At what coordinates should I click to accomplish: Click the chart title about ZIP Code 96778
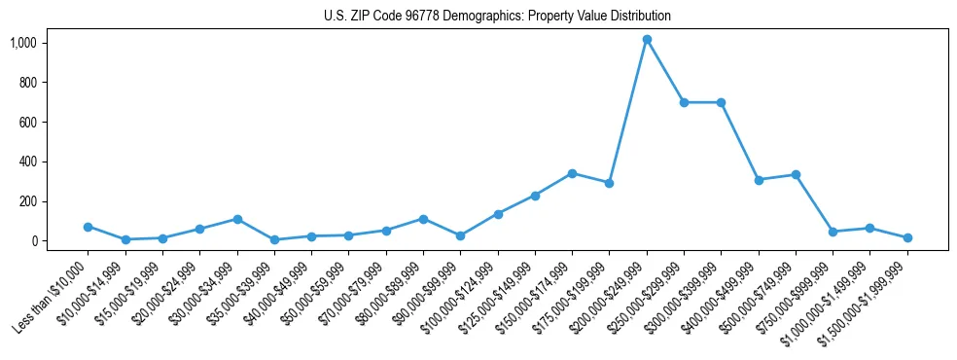tap(497, 16)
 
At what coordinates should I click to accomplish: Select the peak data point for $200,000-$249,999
tap(647, 40)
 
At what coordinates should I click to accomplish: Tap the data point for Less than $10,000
tap(88, 227)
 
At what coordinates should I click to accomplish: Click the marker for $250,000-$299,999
tap(684, 102)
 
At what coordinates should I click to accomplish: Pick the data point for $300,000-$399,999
tap(721, 102)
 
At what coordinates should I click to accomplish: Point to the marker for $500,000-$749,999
tap(796, 175)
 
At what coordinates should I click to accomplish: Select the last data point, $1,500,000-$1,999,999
tap(907, 237)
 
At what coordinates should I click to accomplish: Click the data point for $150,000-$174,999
tap(572, 173)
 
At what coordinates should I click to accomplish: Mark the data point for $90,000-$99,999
tap(460, 235)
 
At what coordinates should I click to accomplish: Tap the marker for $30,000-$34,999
tap(236, 219)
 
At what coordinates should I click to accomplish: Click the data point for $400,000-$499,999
tap(759, 180)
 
